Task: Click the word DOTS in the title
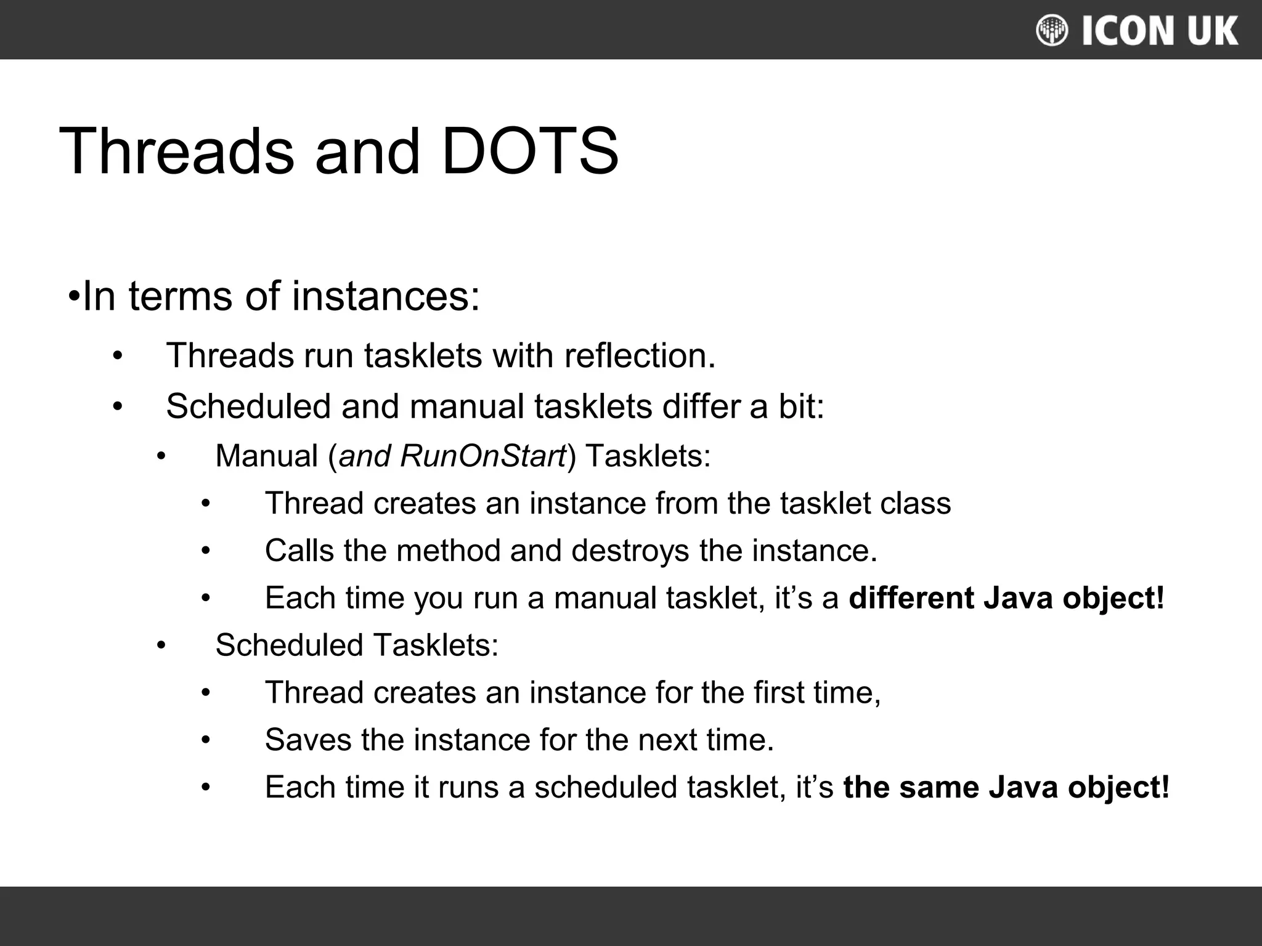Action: tap(530, 152)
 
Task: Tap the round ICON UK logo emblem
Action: tap(1052, 30)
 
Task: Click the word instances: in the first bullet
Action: tap(386, 296)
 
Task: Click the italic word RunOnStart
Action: tap(482, 456)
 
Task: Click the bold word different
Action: tap(911, 598)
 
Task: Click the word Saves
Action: tap(308, 740)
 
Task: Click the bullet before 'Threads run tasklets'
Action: tap(118, 356)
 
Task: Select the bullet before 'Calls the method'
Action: tap(206, 551)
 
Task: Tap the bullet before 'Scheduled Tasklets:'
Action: tap(161, 645)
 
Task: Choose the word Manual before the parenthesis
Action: tap(267, 456)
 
